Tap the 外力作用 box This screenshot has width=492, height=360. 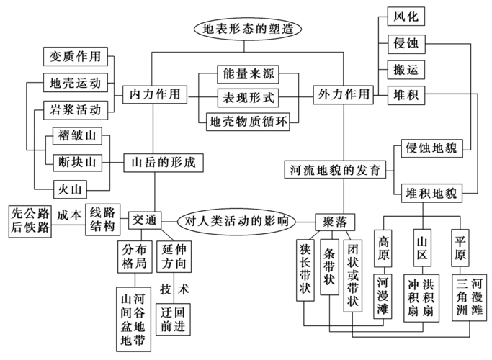[343, 94]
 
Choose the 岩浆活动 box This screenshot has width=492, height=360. [76, 110]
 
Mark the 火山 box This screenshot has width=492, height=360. [72, 189]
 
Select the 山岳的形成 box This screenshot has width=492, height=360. [163, 162]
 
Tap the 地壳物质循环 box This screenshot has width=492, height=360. [247, 120]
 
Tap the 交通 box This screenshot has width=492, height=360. [145, 220]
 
